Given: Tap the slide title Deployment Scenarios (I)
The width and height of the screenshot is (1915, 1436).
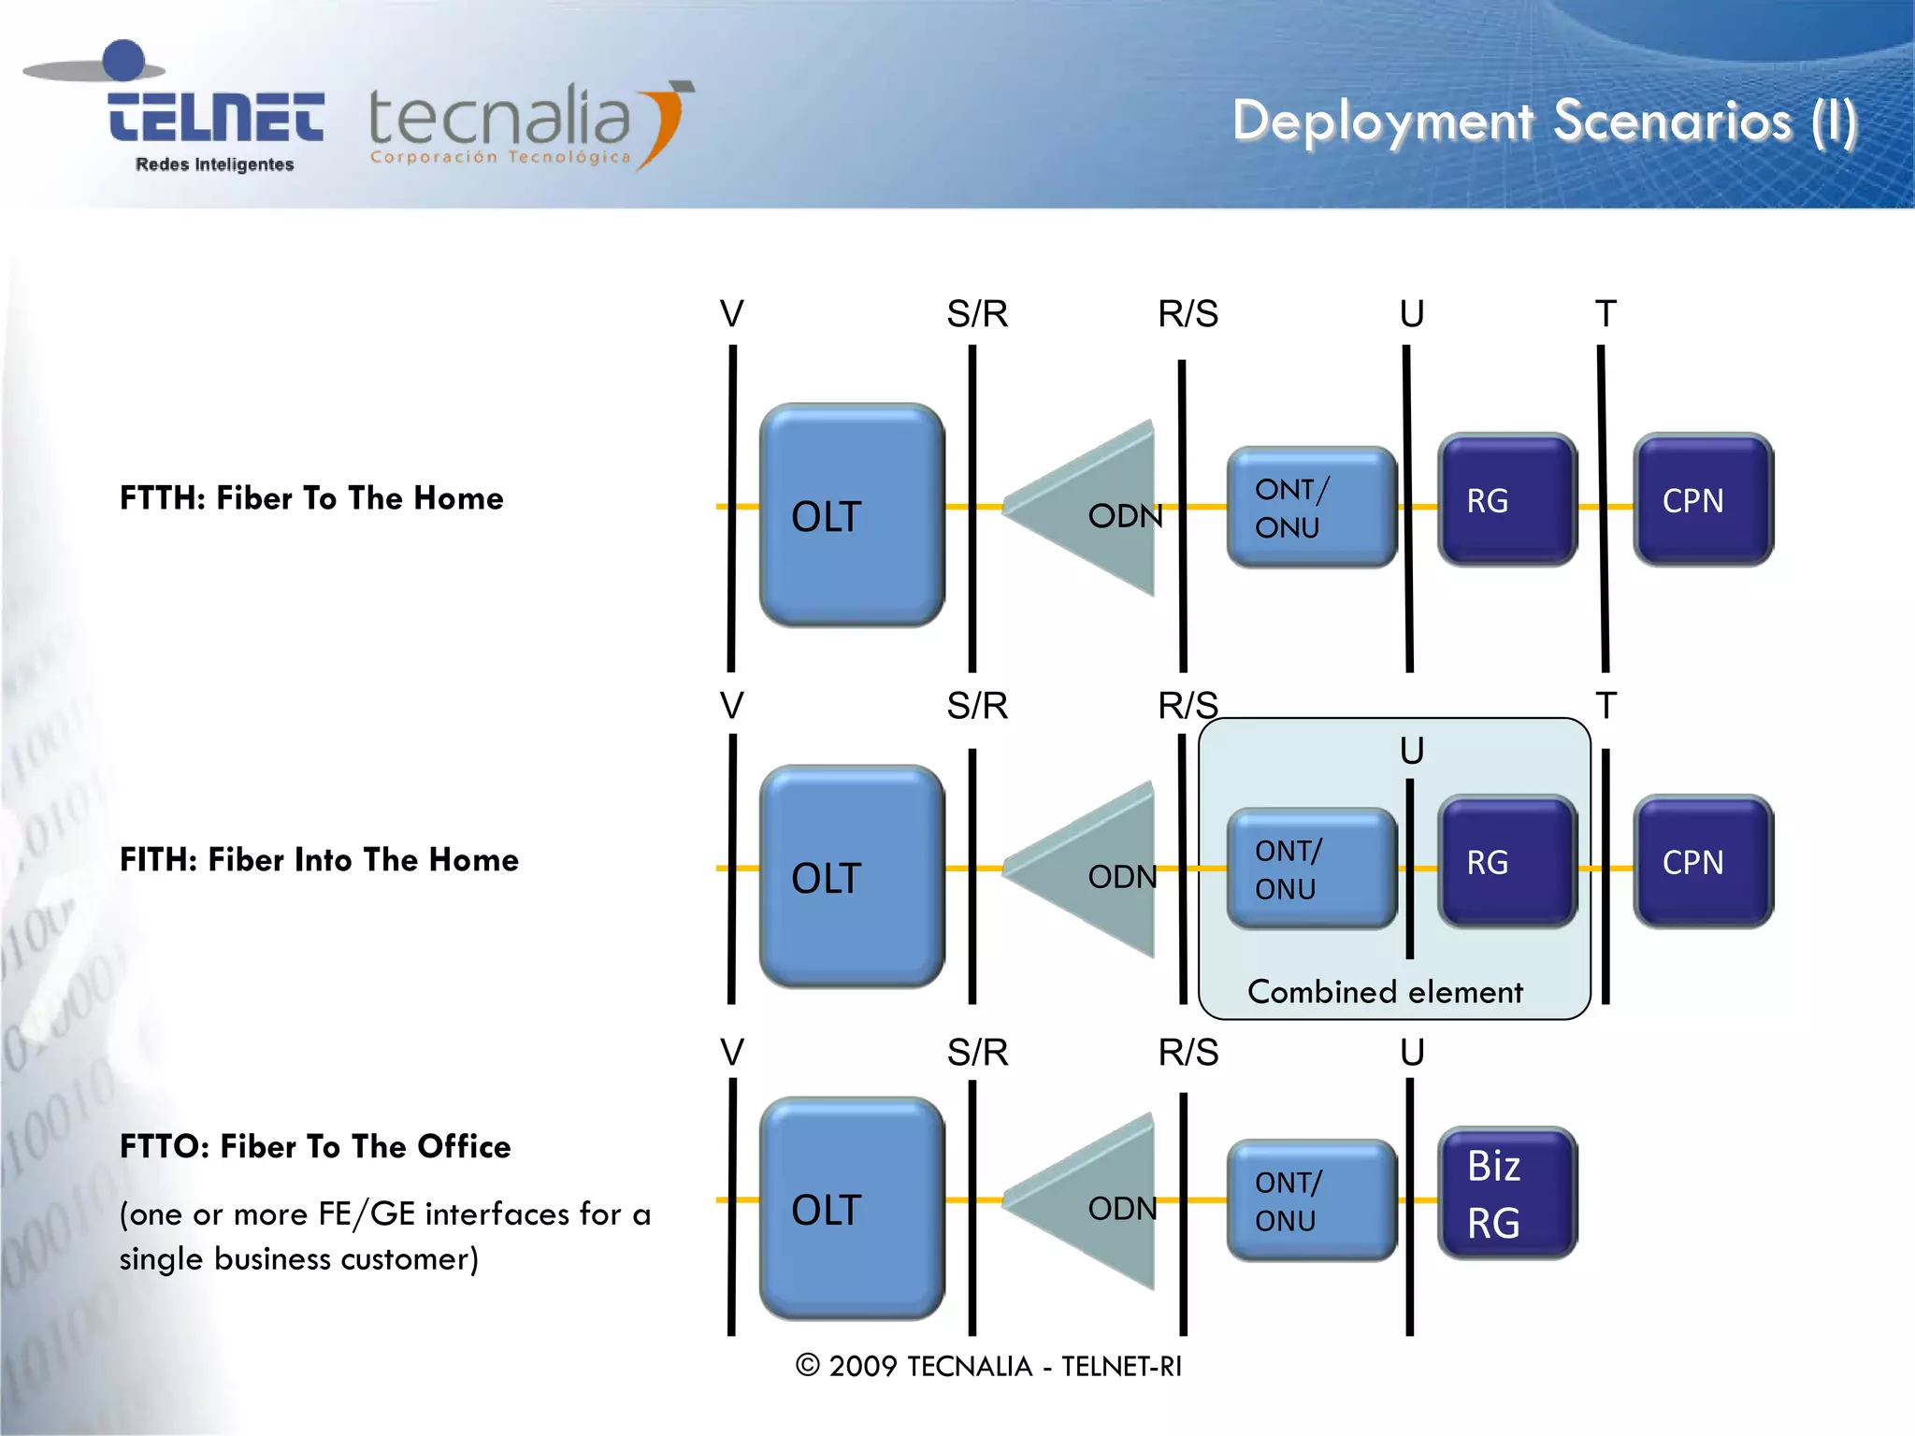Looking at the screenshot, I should coord(1544,122).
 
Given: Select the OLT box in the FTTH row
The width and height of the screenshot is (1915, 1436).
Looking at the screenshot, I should coord(851,515).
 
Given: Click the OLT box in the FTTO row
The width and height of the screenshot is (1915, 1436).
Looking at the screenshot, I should coord(851,1209).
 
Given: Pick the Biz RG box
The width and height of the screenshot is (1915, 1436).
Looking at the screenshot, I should coord(1506,1194).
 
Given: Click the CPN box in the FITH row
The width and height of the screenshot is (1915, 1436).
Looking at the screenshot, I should coord(1702,862).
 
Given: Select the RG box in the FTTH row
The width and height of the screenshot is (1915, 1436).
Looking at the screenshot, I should coord(1506,500).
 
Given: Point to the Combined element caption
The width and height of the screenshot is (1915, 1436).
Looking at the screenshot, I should coord(1385,992).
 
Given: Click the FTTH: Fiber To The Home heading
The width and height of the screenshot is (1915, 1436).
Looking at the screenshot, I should coord(311,498).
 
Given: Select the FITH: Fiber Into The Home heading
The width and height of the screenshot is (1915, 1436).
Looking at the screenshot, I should coord(319,860).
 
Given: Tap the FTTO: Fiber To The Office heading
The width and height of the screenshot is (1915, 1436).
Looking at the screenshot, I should coord(315,1147).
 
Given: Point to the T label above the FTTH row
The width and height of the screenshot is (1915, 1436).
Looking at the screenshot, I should coord(1605,314).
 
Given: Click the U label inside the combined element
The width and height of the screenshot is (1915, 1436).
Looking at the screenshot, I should coord(1412,751).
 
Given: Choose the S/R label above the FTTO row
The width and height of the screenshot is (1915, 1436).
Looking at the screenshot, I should coord(977,1053).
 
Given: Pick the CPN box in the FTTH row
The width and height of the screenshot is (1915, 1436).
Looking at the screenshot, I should coord(1702,500).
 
